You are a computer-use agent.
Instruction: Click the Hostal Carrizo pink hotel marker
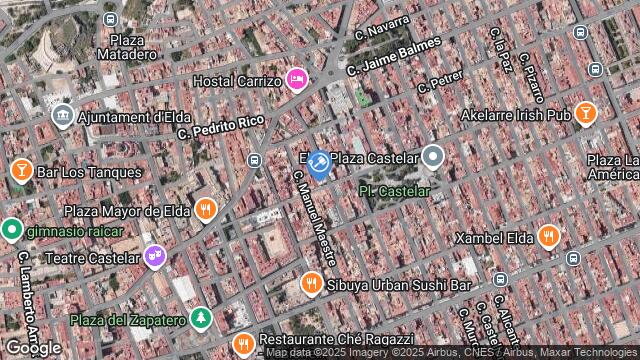(x=296, y=78)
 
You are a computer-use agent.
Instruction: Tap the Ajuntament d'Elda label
(x=128, y=116)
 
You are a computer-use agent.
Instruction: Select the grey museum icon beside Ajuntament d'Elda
(x=63, y=116)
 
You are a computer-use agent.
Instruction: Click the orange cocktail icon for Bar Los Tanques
(x=20, y=170)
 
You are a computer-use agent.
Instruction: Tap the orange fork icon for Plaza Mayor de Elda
(x=207, y=210)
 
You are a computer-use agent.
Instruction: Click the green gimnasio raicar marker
(x=11, y=230)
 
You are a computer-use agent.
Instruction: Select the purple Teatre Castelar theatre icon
(x=153, y=257)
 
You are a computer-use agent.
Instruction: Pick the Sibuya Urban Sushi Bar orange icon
(x=312, y=285)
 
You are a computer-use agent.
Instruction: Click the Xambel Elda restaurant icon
(x=548, y=237)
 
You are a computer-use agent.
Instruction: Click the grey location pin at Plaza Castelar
(x=432, y=156)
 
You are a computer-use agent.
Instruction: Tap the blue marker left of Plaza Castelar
(x=319, y=163)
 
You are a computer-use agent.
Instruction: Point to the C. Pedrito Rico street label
(x=221, y=127)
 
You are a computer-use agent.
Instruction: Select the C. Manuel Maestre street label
(x=314, y=215)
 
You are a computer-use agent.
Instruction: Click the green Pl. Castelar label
(x=394, y=190)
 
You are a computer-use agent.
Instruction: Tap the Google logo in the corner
(x=32, y=347)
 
